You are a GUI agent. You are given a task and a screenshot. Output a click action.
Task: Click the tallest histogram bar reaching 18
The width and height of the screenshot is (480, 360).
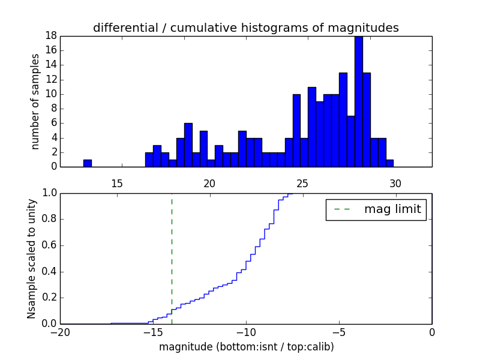[358, 102]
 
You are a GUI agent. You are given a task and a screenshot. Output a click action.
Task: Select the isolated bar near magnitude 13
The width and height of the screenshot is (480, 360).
[88, 163]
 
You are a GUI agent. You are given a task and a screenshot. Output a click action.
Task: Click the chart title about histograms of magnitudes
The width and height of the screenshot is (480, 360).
[245, 28]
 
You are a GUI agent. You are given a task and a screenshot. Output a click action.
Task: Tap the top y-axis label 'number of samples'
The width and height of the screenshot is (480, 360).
[35, 101]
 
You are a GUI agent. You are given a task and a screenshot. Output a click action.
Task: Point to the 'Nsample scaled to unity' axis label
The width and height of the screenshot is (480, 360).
[32, 258]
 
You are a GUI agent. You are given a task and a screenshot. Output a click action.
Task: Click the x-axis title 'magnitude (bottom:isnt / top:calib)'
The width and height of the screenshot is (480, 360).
[246, 347]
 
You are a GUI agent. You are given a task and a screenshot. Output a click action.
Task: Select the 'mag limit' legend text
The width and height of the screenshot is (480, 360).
[392, 209]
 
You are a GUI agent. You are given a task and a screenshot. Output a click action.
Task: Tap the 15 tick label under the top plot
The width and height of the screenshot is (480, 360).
[116, 182]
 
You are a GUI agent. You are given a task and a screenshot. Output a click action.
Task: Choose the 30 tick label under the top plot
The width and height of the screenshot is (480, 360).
[395, 182]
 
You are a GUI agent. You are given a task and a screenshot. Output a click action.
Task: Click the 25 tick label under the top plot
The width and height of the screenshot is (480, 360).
[302, 182]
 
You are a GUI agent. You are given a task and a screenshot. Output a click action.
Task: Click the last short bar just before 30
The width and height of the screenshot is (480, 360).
[389, 163]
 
